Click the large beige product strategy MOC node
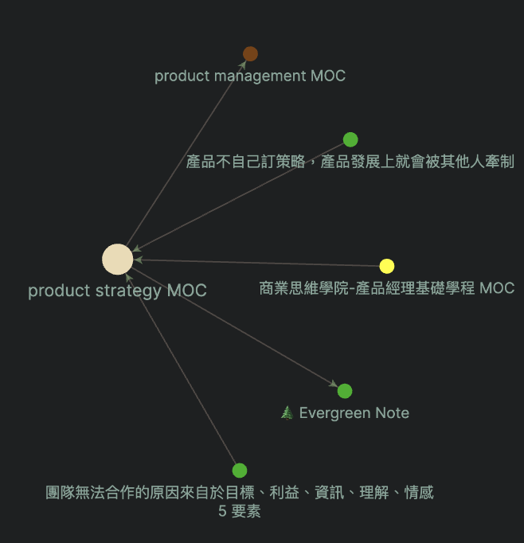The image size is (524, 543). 117,260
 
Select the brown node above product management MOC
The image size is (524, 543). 250,54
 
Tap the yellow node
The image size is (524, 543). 387,266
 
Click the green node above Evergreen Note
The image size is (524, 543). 345,391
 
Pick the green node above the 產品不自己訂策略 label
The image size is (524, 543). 350,140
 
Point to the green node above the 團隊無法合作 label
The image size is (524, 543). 240,471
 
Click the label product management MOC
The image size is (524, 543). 250,76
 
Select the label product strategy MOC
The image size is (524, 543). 117,291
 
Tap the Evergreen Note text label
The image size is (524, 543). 354,413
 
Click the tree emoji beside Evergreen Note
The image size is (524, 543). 287,413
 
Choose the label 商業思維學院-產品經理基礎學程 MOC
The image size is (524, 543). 387,288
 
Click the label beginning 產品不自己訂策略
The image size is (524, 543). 350,162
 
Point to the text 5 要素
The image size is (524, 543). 239,512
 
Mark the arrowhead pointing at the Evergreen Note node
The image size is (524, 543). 334,385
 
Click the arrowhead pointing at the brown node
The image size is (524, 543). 244,64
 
